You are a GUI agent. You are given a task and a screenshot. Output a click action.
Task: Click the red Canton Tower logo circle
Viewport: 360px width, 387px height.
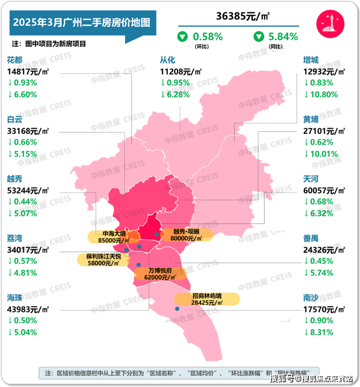(330, 23)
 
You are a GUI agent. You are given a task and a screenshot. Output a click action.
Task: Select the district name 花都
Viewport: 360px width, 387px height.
(15, 60)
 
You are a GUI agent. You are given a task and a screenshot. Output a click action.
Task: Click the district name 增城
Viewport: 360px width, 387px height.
(311, 60)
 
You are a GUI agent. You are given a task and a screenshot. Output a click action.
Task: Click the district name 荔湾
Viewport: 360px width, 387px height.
(15, 239)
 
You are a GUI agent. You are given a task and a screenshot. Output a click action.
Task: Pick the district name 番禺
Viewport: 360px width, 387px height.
(311, 239)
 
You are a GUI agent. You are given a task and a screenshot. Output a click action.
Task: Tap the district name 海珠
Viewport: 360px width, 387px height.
(15, 298)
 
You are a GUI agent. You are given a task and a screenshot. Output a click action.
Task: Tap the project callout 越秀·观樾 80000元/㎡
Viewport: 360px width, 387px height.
(187, 235)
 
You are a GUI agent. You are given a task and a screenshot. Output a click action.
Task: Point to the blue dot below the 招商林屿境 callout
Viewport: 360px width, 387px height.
(177, 309)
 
